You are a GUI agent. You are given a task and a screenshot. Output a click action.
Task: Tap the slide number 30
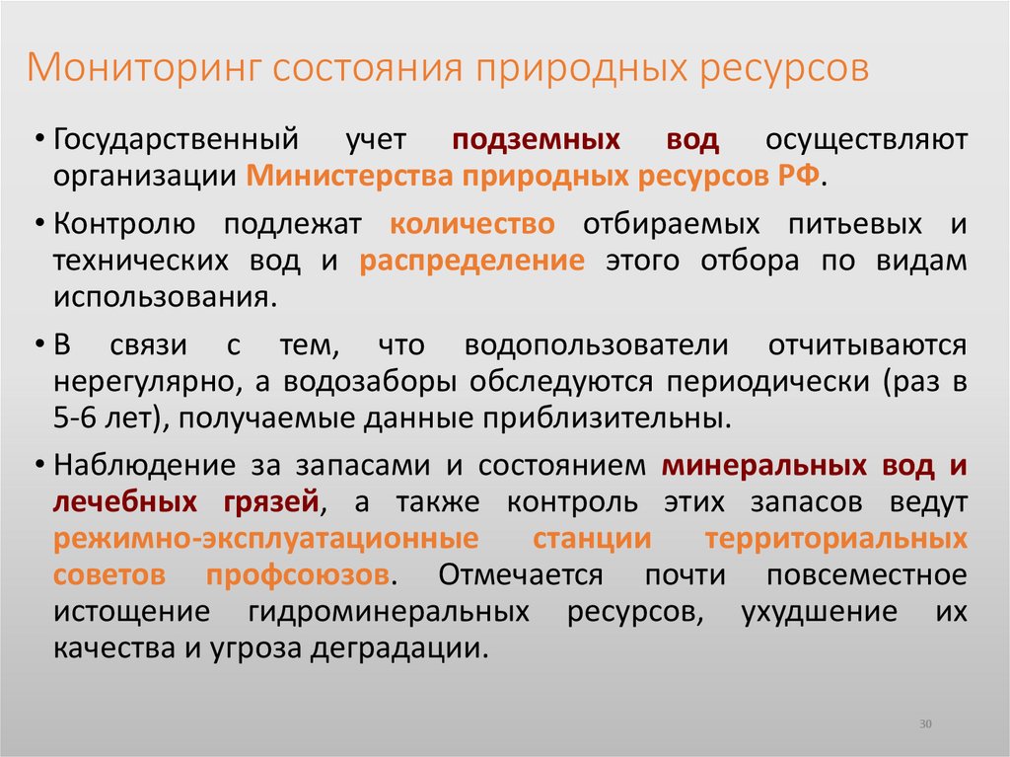(925, 724)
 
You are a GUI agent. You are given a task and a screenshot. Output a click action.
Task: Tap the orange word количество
(472, 224)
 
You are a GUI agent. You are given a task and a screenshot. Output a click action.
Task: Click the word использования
(161, 298)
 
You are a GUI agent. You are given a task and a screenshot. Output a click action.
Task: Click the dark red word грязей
(265, 502)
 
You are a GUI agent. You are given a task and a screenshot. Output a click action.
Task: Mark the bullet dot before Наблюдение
(37, 466)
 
